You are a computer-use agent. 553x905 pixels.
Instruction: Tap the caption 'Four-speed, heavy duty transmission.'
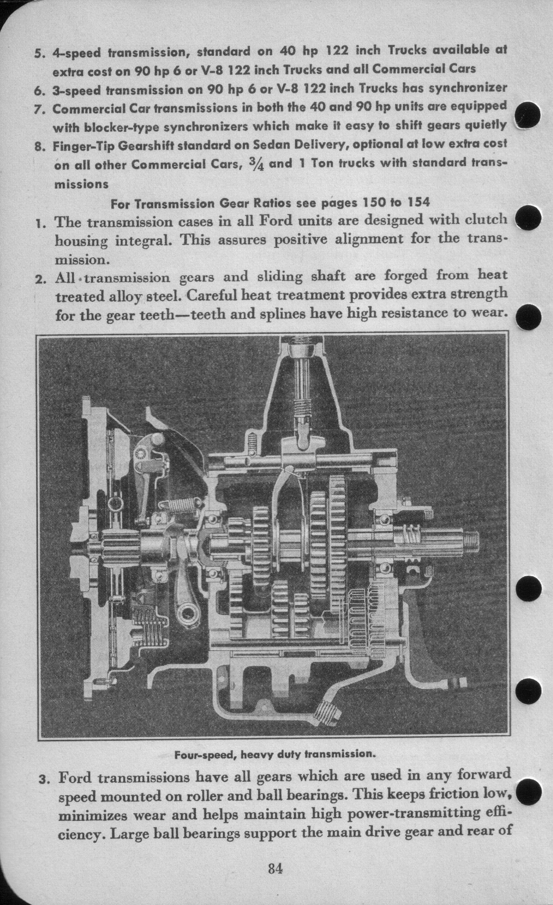point(275,754)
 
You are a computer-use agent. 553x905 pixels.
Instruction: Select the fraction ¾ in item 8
point(255,164)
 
